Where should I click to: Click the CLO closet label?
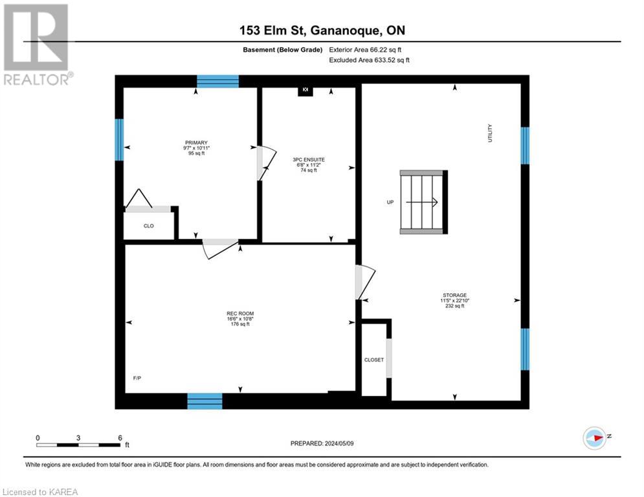[x=148, y=226]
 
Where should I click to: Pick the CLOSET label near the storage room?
[x=373, y=360]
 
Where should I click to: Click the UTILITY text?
[x=491, y=133]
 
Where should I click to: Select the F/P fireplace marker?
[x=137, y=378]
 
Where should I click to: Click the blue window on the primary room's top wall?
[x=217, y=81]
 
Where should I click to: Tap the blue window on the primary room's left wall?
[x=119, y=140]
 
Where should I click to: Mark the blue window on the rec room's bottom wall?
[x=205, y=401]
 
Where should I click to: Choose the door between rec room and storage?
[x=361, y=282]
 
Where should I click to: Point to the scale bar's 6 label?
[x=120, y=437]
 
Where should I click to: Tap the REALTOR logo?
[x=37, y=44]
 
